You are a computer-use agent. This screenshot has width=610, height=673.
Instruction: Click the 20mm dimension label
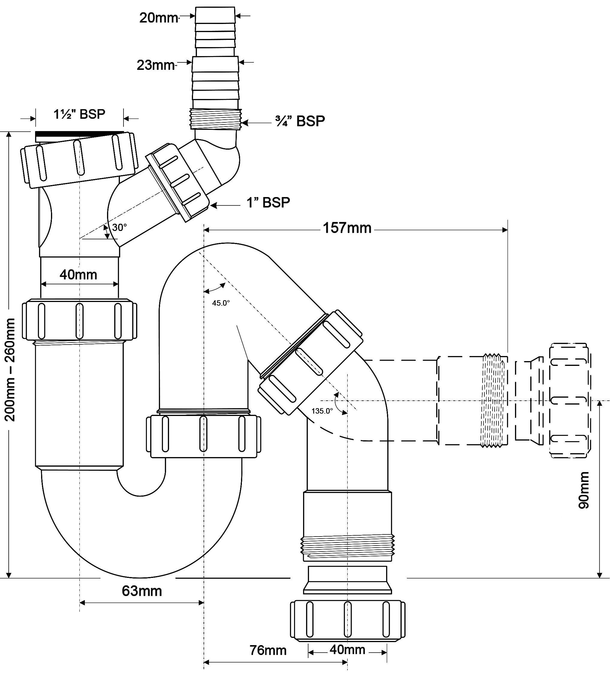pos(159,18)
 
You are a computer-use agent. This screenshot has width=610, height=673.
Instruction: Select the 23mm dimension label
pos(156,65)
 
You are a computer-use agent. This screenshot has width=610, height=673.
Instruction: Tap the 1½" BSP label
pos(79,114)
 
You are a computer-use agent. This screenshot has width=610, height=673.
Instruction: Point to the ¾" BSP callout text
pos(300,121)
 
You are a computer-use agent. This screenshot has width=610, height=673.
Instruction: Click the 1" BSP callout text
pos(268,202)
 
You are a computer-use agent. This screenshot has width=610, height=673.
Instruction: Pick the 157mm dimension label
pos(347,228)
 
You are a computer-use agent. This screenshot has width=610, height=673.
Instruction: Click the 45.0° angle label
pos(221,303)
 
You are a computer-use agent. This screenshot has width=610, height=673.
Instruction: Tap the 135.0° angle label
pos(322,411)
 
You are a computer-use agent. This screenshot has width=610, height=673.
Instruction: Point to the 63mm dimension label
pos(142,591)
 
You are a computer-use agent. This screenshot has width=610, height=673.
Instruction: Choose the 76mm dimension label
pos(268,650)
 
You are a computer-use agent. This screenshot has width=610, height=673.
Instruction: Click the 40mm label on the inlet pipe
pos(79,275)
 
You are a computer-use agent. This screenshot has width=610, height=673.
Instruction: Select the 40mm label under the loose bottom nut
pos(347,650)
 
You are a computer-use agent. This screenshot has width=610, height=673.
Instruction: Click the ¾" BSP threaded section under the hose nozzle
pos(215,119)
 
